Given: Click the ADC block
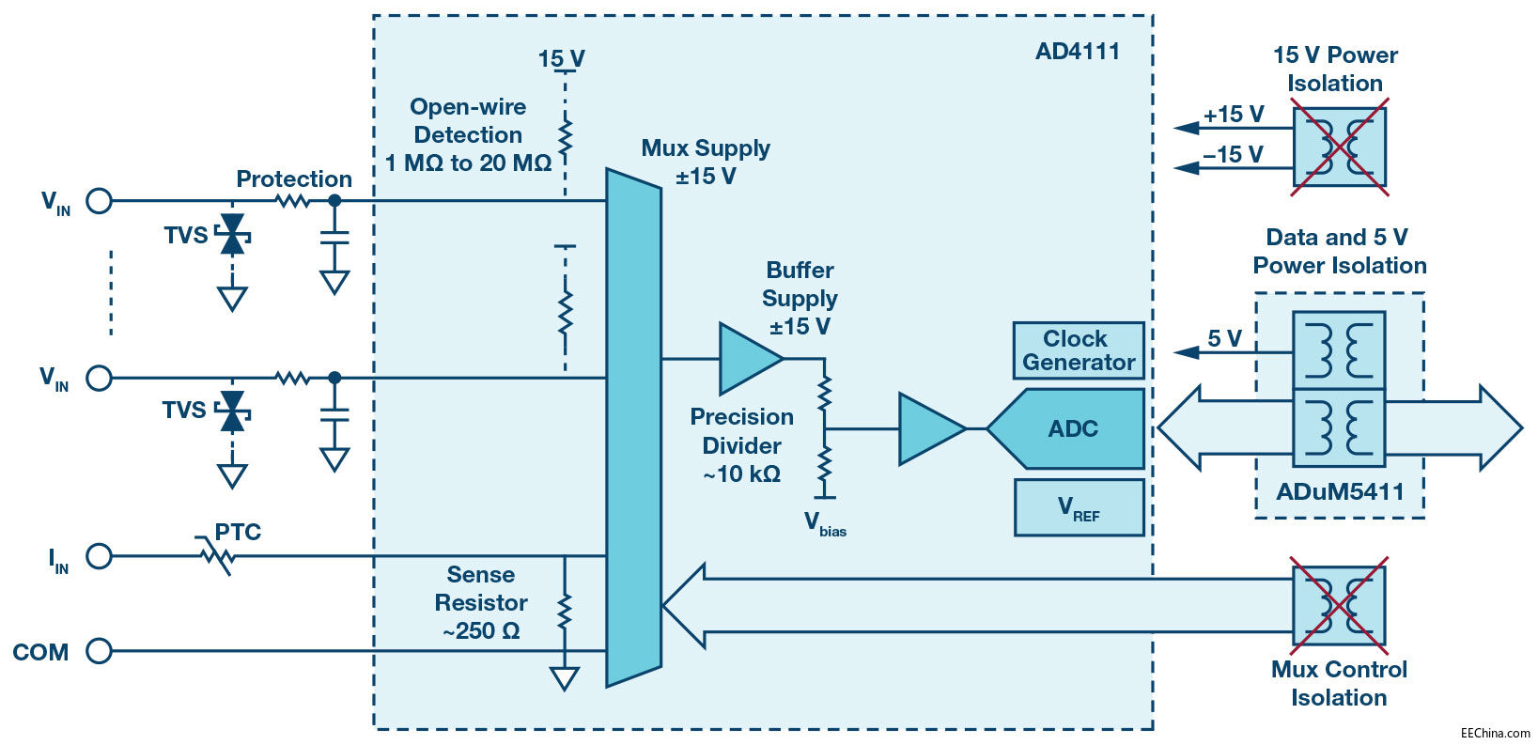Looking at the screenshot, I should [x=1072, y=428].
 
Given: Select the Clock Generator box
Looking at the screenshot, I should [x=1079, y=350].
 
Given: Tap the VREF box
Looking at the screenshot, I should [x=1079, y=508].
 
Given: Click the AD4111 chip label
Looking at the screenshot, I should [x=1078, y=52].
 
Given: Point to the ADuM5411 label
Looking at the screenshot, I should [x=1340, y=491].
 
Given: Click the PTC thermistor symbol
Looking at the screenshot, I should [x=218, y=556].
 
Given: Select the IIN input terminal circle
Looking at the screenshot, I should [x=99, y=556].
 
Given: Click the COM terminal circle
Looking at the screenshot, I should [x=99, y=650].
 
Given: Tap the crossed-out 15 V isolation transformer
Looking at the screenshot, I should [x=1339, y=147].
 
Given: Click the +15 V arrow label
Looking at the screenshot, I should [x=1234, y=115].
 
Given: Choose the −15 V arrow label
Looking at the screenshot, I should [x=1234, y=155].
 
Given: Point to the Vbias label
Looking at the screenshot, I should [x=825, y=524].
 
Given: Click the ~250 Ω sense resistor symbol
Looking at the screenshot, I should [x=565, y=612].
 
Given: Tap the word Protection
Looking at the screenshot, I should [x=294, y=178].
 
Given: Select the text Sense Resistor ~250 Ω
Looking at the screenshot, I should [x=481, y=602].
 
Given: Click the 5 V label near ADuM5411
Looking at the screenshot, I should [x=1224, y=338].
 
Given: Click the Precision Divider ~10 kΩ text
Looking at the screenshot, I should [x=742, y=445].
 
